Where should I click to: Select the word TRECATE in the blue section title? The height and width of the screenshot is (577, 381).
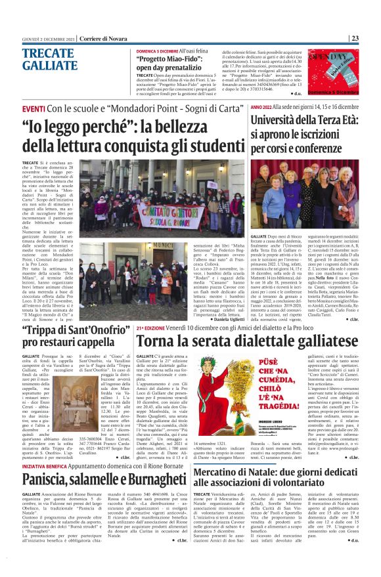tap(45, 54)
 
